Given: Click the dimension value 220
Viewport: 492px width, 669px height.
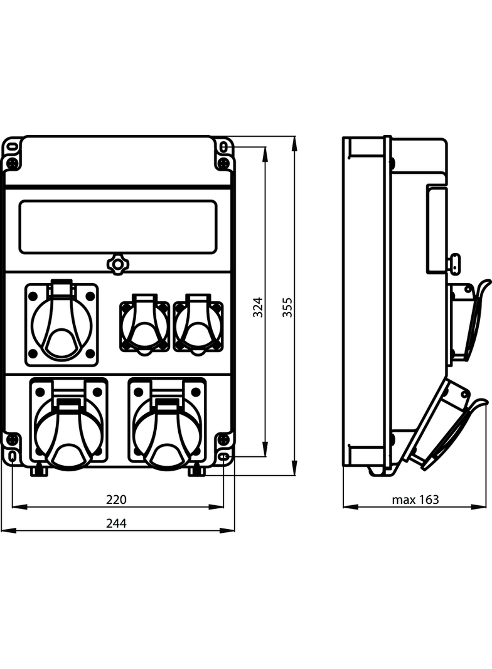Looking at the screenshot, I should pos(116,500).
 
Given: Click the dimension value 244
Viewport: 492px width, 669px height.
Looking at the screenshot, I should pos(116,523).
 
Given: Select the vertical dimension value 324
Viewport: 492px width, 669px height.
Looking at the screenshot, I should pos(258,307).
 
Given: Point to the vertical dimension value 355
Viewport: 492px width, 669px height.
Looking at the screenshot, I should pos(287,307).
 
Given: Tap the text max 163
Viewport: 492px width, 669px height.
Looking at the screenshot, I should pos(415,500).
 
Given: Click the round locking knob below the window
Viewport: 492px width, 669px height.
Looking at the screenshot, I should pos(117,264).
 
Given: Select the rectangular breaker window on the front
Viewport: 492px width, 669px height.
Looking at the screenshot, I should pos(118,227).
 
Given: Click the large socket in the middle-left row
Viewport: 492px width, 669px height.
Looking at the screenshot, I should pos(61,324).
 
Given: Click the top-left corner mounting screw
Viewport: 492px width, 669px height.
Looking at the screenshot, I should pos(12,164).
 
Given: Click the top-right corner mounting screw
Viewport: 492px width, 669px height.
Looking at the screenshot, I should pos(223,164).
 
